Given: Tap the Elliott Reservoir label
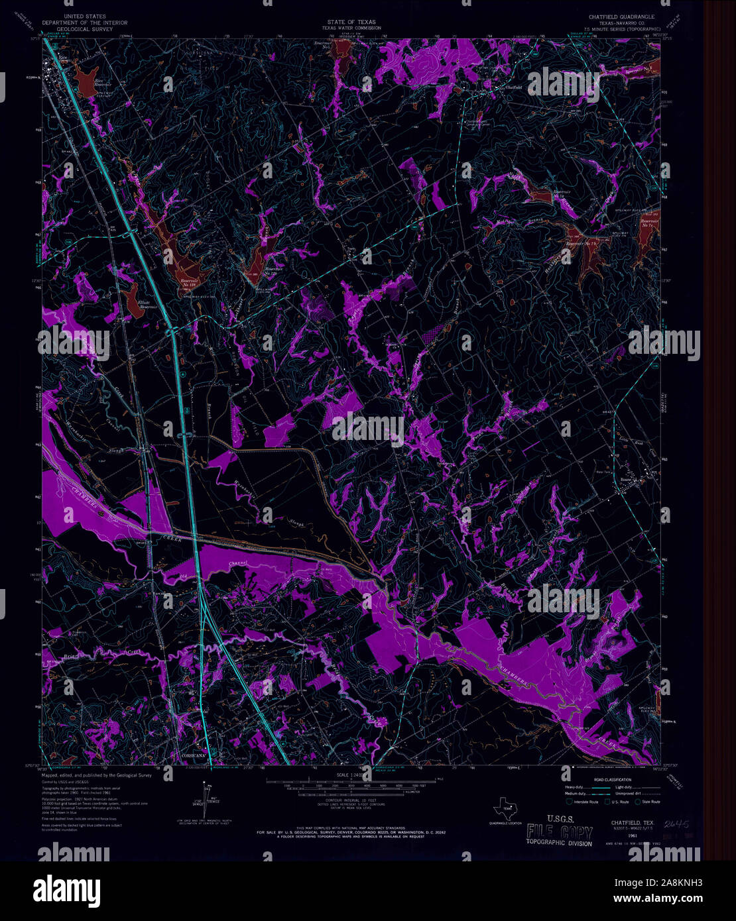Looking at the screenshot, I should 147,304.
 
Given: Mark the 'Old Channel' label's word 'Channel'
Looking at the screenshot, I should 237,564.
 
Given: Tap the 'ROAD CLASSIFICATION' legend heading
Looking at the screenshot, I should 613,779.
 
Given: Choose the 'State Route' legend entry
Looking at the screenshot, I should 648,802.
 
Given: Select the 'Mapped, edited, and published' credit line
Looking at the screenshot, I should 97,775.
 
